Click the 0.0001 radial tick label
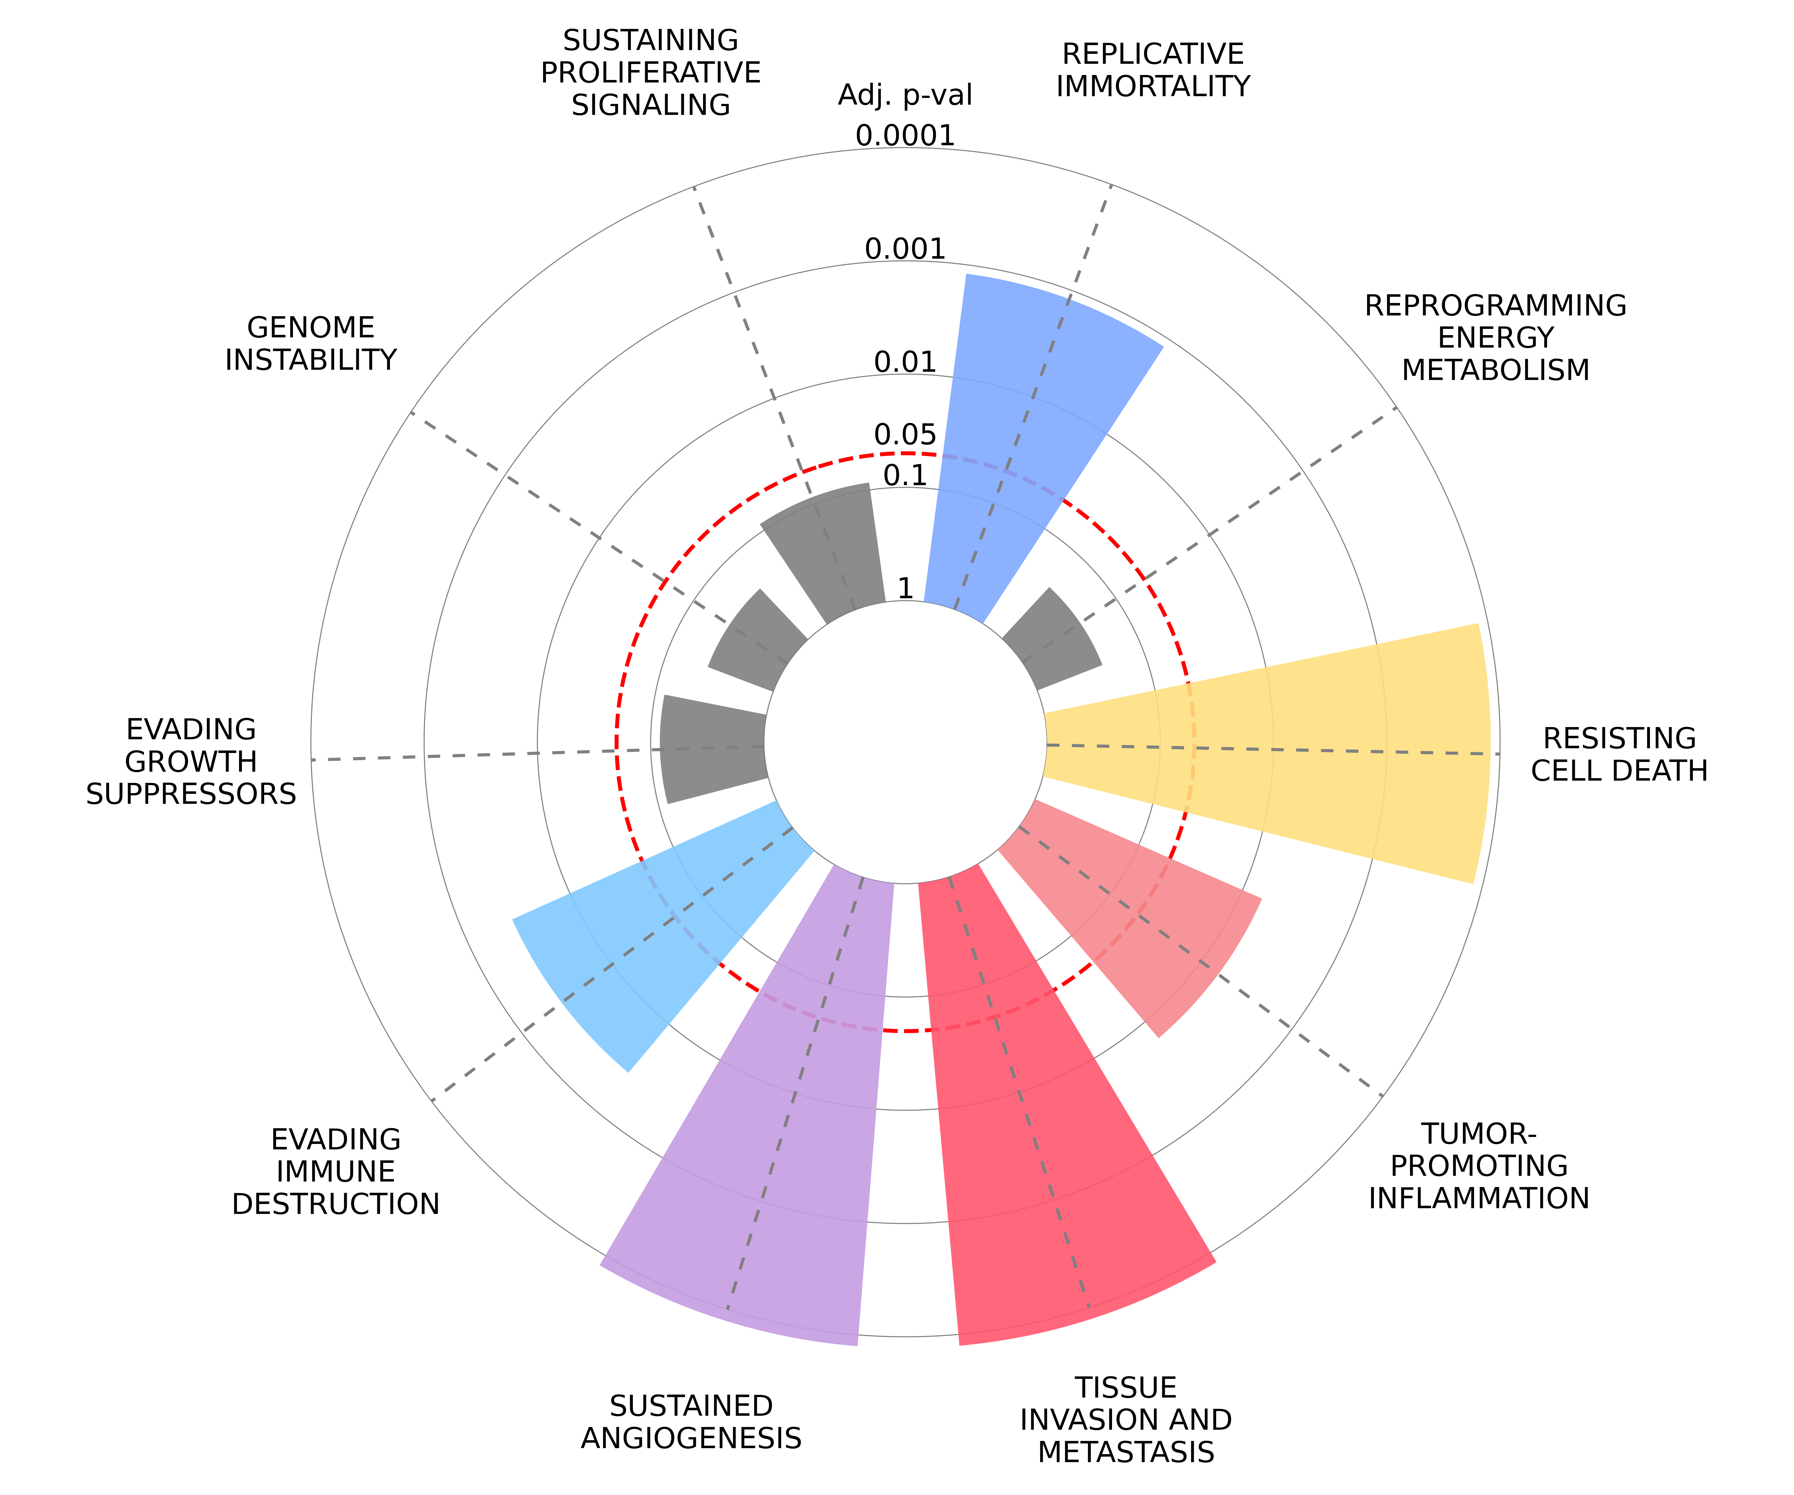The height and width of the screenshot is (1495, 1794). tap(905, 135)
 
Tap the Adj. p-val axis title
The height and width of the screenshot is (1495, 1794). tap(905, 95)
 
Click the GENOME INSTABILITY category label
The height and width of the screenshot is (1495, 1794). tap(311, 343)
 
